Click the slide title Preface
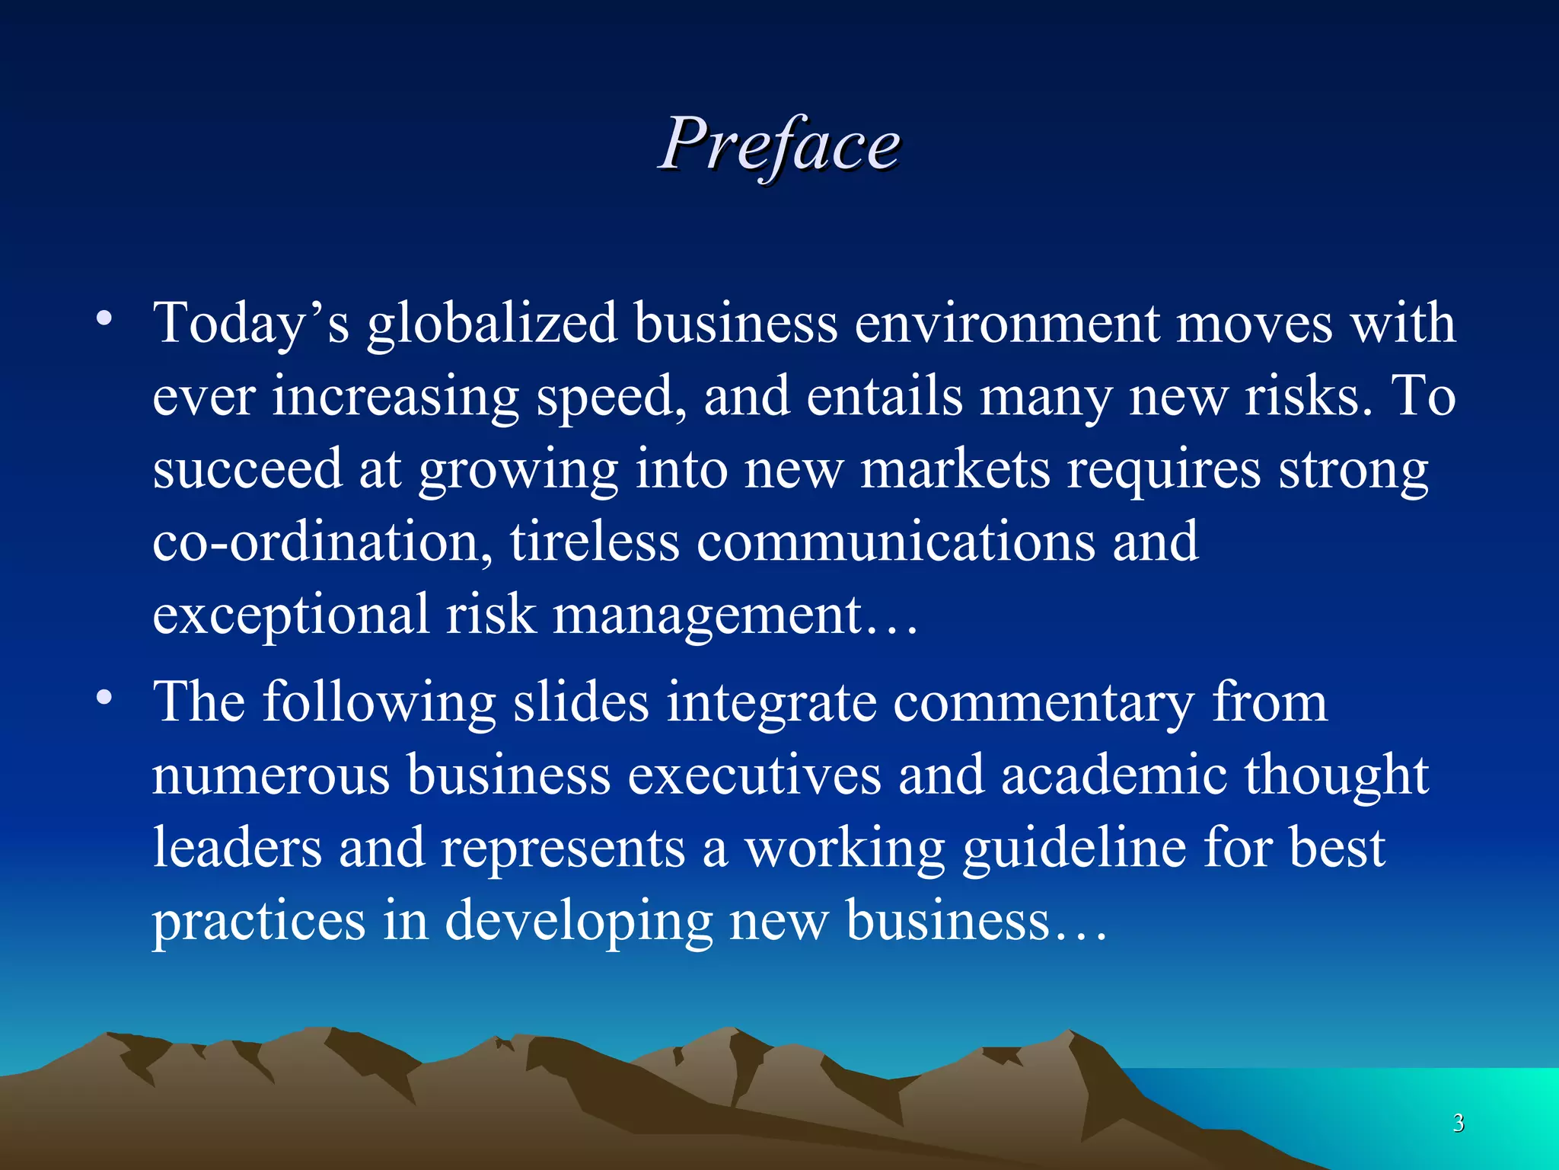pos(779,145)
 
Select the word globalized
pos(492,323)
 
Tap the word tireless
pos(595,542)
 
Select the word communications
pos(895,542)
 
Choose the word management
pos(708,615)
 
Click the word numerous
pos(270,775)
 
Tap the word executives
pos(754,775)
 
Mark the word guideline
pos(1074,848)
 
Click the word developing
pos(579,921)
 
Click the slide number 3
pos(1458,1123)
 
